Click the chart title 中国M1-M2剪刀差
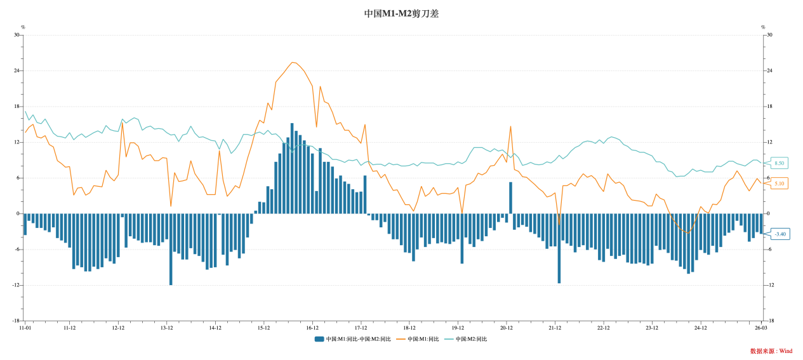tap(401, 13)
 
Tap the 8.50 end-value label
tap(780, 163)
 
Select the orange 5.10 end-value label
tap(780, 183)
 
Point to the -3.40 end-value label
tap(780, 234)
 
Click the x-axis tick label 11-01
tap(25, 328)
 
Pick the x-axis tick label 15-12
tap(263, 328)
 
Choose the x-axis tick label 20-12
tap(506, 328)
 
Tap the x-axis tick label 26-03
tap(760, 328)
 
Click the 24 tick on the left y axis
tap(17, 70)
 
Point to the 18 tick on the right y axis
tap(769, 106)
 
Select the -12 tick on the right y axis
tap(770, 285)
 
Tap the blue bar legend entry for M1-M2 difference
tap(351, 339)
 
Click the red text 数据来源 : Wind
tap(771, 351)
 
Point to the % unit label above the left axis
tap(23, 27)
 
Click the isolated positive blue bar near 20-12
tap(510, 198)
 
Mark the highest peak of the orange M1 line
tap(293, 63)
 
